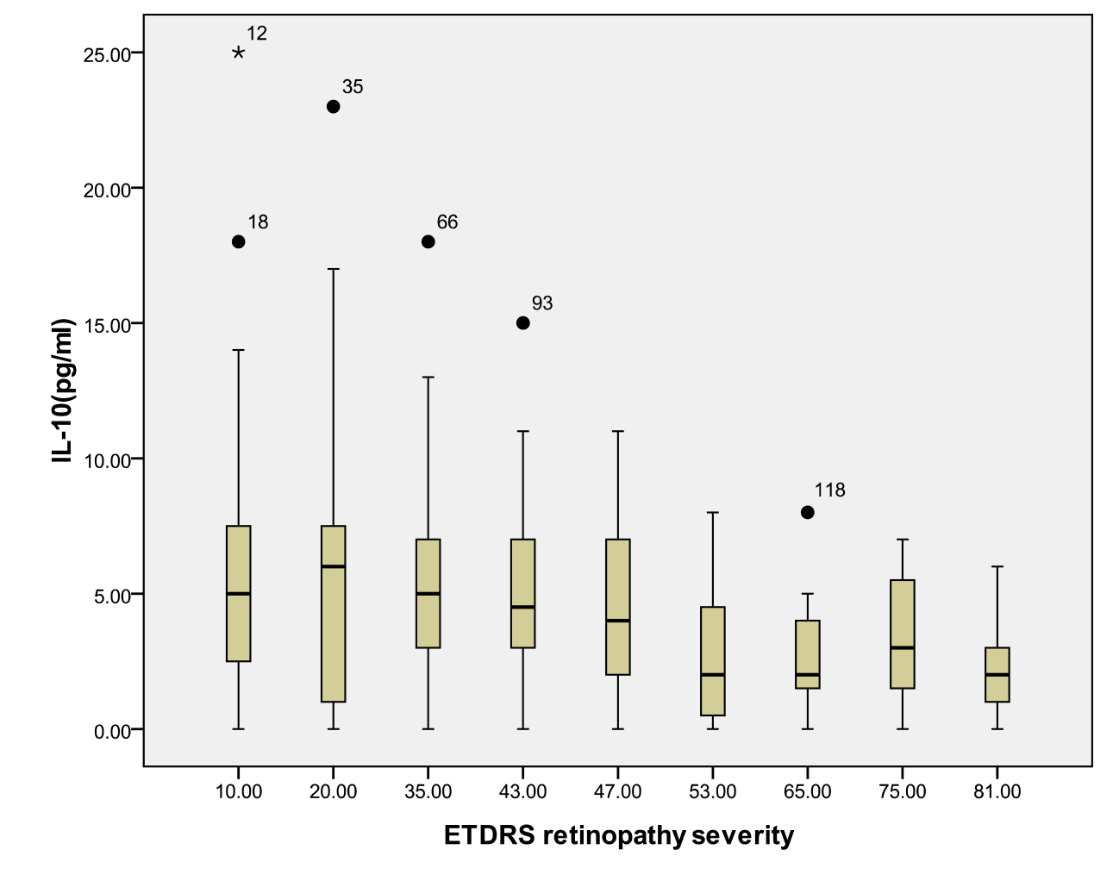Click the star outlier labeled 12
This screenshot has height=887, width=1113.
tap(239, 53)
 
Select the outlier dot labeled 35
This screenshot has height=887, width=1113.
tap(334, 107)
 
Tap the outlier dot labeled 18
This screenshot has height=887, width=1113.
tap(239, 241)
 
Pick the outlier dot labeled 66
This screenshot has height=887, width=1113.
tap(428, 241)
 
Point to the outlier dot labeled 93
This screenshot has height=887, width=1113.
tap(523, 323)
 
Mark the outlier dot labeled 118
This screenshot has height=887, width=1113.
tap(808, 512)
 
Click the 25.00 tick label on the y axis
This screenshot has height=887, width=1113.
tap(107, 53)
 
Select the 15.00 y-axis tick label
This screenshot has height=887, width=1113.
tap(107, 324)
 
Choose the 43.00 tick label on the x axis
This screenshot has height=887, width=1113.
tap(523, 791)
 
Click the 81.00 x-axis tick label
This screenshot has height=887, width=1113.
tap(997, 791)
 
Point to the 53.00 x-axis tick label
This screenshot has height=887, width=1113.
tap(713, 791)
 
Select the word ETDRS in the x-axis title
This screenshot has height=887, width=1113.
tap(489, 835)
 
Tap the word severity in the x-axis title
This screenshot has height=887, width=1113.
tap(743, 835)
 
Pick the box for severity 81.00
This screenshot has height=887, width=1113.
tap(997, 675)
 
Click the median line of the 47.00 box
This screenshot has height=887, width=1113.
tap(618, 621)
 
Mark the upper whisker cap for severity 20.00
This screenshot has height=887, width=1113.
tap(334, 269)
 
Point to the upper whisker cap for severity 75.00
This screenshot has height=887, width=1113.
tap(903, 540)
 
